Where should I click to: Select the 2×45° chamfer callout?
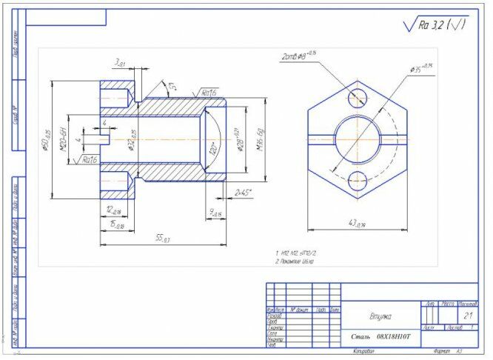(243, 193)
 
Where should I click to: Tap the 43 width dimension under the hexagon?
(358, 223)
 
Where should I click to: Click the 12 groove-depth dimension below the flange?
(113, 210)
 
